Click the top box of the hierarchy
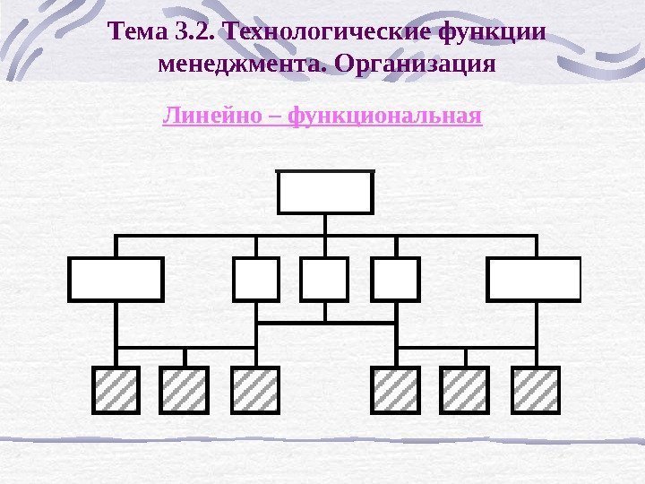[325, 192]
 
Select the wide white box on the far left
[116, 279]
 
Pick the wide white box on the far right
[534, 279]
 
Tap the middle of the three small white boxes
[324, 279]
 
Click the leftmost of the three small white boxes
[256, 279]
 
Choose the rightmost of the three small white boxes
[395, 279]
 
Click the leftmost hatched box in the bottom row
[116, 390]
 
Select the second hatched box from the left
[185, 390]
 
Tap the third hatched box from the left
[255, 390]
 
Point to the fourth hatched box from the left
[395, 390]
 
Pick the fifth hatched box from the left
[464, 390]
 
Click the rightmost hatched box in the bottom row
[535, 390]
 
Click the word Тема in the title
[136, 34]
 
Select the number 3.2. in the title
[197, 34]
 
